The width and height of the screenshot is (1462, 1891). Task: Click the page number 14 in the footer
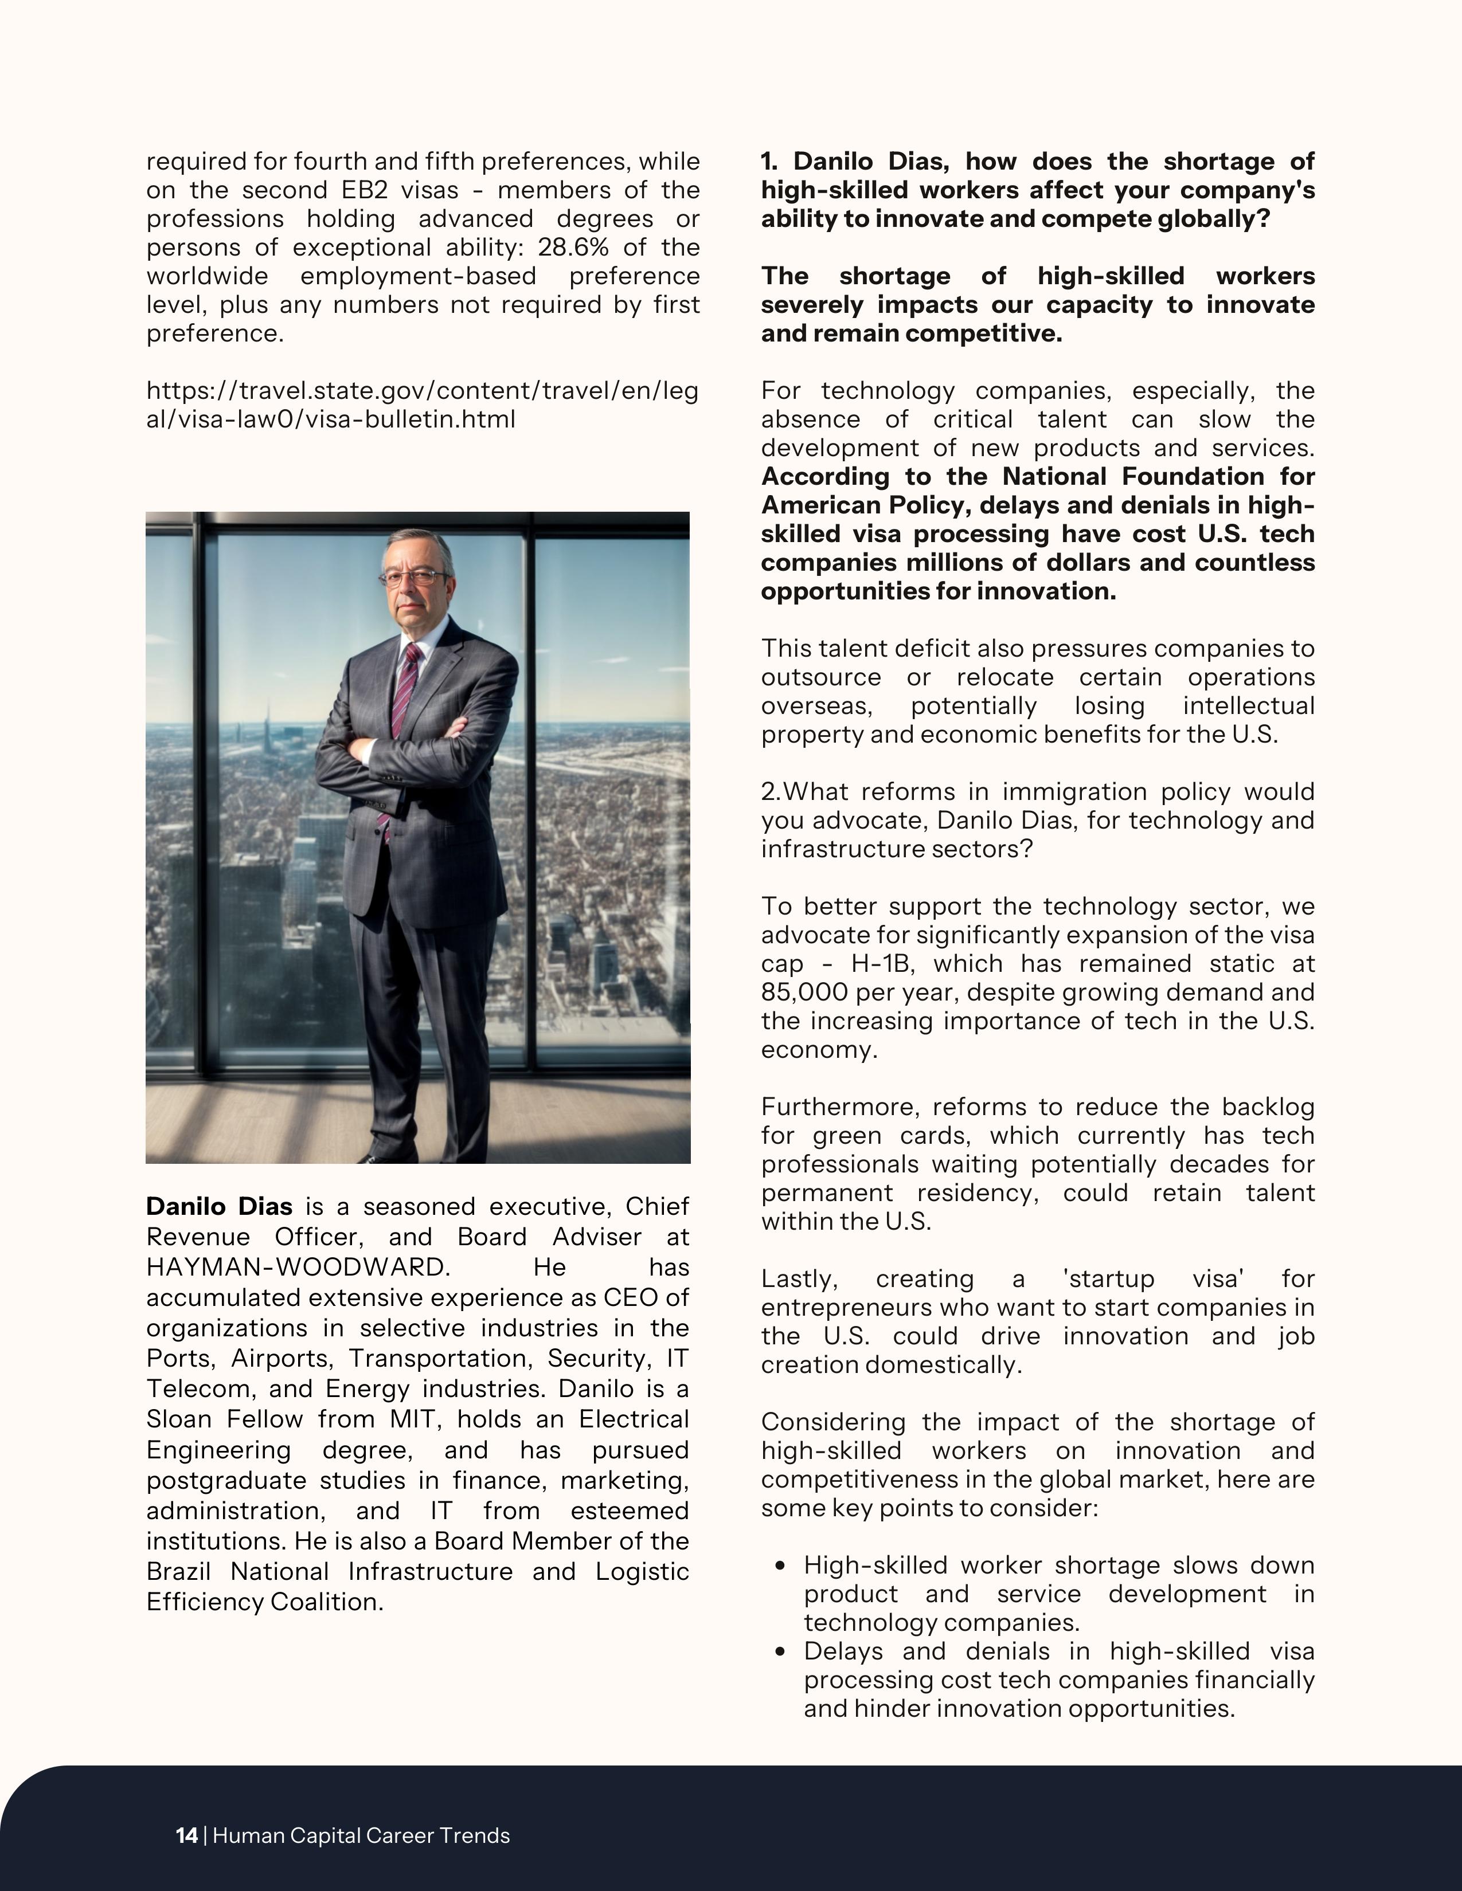point(186,1835)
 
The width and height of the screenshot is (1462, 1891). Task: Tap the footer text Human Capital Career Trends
point(361,1835)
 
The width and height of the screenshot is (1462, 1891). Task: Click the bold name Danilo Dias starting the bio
point(219,1206)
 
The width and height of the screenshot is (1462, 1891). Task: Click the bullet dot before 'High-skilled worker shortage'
point(781,1566)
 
